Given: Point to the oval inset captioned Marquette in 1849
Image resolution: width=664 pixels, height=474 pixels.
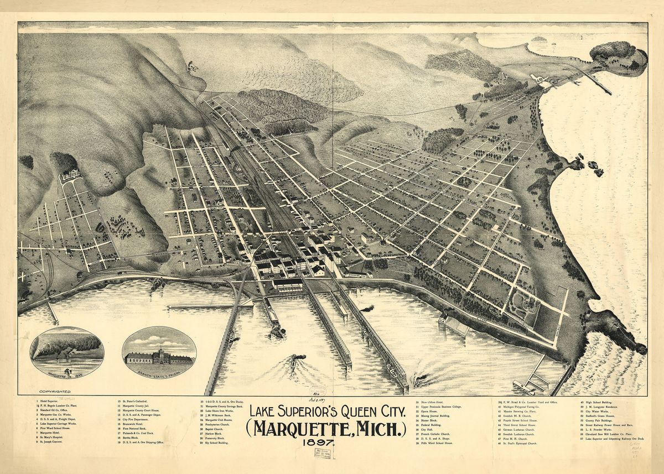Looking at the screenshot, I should [x=66, y=352].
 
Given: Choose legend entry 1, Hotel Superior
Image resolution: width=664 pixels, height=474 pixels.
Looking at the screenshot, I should [x=49, y=400].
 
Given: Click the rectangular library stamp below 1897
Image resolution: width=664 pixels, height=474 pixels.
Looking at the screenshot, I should [x=321, y=453].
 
